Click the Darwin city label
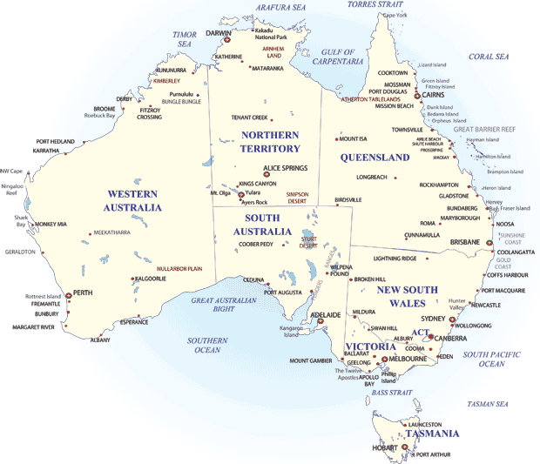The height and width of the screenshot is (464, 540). coord(219,33)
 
